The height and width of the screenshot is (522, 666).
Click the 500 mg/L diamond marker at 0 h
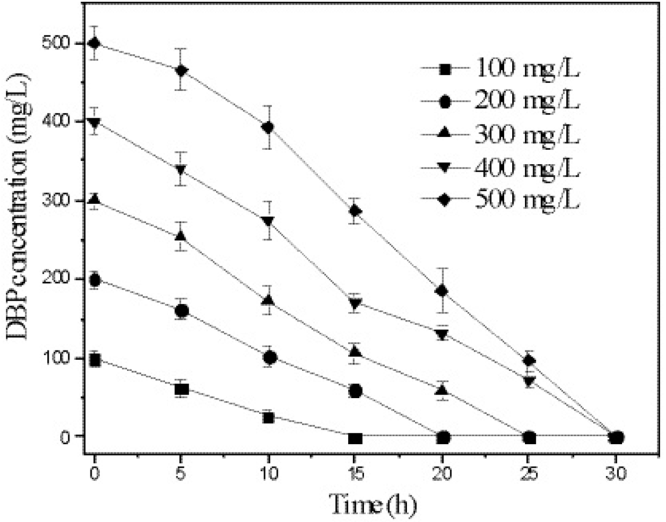tap(95, 43)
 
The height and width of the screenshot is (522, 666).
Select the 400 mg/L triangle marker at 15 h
tap(355, 303)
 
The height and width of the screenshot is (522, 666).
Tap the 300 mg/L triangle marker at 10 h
tap(268, 301)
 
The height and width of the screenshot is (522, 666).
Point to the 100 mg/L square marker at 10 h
tap(268, 417)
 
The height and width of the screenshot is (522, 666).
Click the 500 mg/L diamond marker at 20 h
tap(442, 290)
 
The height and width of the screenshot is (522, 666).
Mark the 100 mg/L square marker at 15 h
tap(355, 438)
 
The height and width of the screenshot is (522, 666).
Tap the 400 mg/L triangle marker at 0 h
tap(95, 122)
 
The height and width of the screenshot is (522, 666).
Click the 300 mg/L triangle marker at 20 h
tap(442, 390)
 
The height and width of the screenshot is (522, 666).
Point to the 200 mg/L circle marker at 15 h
tap(355, 391)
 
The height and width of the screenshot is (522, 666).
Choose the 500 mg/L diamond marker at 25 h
tap(529, 360)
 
